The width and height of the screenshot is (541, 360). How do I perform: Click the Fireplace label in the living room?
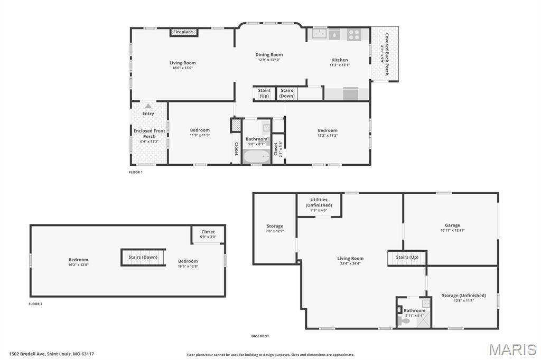(x=183, y=32)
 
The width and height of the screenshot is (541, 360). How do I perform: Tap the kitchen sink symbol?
(x=319, y=34)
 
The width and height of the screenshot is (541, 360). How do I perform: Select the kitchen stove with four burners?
(x=354, y=34)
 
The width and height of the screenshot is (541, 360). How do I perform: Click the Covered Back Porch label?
(x=387, y=54)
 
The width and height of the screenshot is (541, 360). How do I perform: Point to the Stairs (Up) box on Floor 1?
(x=264, y=93)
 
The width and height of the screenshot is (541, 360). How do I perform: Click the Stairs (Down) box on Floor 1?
(x=287, y=93)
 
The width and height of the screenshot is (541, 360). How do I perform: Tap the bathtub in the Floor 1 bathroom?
(x=256, y=157)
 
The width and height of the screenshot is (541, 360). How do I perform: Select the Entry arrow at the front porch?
(x=148, y=106)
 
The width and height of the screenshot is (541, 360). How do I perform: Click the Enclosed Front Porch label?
(x=150, y=134)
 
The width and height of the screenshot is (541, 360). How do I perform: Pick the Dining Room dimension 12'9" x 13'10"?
(x=269, y=60)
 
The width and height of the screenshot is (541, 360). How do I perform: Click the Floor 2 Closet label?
(x=208, y=232)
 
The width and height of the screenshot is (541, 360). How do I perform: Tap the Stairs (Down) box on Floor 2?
(x=143, y=257)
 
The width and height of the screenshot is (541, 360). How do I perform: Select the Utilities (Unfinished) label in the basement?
(x=319, y=202)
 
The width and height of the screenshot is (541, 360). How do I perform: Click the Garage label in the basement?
(x=452, y=225)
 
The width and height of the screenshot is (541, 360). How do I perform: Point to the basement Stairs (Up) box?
(x=407, y=258)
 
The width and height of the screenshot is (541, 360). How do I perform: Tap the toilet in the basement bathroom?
(x=405, y=321)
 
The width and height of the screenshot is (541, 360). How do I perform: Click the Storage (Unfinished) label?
(x=464, y=296)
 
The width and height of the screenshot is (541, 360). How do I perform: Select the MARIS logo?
(x=512, y=349)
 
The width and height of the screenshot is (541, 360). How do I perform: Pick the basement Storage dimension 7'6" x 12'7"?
(x=275, y=231)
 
